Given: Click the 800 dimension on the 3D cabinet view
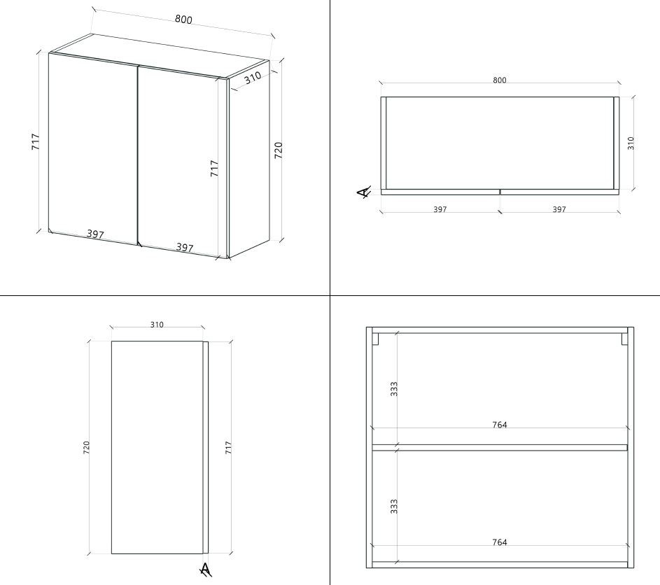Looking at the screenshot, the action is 183,20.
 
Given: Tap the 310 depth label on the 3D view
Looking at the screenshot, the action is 253,78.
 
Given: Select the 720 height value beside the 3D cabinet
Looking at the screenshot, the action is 279,150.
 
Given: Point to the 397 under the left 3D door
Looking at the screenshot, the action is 95,234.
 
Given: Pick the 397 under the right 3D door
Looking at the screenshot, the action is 184,248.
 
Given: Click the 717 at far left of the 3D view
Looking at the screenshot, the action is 36,142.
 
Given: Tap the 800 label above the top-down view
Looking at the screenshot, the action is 500,80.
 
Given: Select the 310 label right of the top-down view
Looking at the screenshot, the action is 631,143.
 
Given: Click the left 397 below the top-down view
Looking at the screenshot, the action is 440,209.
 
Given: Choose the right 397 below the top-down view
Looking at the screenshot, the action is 559,209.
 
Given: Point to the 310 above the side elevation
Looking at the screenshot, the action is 157,325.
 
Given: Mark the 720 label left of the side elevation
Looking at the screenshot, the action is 86,447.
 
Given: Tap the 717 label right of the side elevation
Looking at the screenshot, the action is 228,447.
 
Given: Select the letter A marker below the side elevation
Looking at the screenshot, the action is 205,570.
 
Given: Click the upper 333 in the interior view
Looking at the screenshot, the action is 393,389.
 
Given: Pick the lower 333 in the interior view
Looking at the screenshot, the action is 393,507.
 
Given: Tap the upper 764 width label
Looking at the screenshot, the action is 500,425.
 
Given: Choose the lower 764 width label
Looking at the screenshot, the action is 500,542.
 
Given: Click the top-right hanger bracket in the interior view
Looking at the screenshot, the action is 624,339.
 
